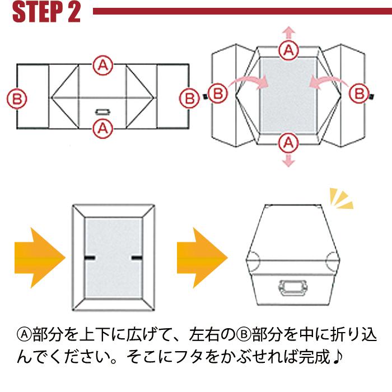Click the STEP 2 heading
coord(46,12)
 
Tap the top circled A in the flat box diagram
coord(102,65)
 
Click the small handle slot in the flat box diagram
coord(102,111)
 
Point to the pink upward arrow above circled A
coord(289,31)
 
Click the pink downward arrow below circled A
coord(289,161)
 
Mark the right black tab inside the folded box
coord(137,257)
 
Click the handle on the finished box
coord(293,289)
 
